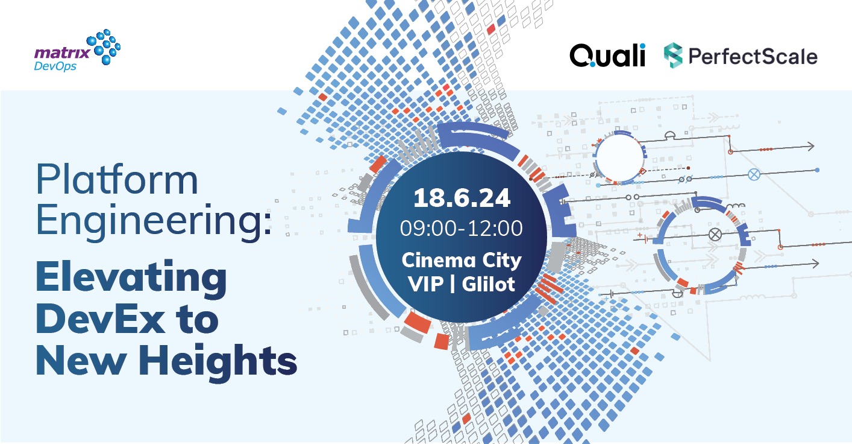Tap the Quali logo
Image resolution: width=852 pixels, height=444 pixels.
(607, 56)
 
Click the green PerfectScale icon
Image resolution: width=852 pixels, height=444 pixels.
(672, 56)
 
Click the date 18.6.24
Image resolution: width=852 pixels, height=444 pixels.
(462, 198)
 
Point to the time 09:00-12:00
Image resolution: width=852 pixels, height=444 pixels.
(462, 229)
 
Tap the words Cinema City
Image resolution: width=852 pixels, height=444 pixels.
(462, 261)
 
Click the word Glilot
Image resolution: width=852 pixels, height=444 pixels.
(489, 284)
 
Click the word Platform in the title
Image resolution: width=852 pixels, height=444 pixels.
(117, 180)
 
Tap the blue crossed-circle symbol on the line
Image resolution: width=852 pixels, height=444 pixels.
(753, 175)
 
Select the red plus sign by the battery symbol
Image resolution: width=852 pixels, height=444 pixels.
(639, 233)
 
